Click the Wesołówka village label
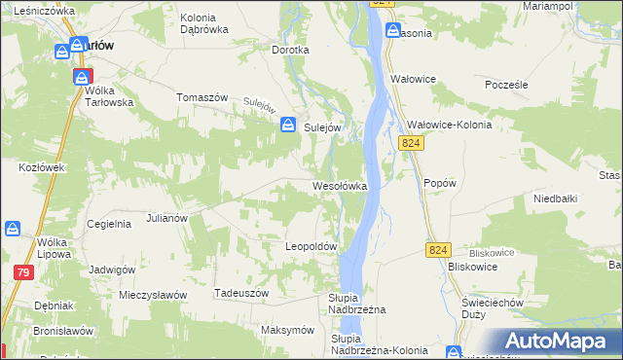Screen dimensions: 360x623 pos(339,185)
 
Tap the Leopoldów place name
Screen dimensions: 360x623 pos(311,247)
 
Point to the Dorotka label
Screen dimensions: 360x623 pos(290,50)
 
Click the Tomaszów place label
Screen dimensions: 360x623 pos(202,97)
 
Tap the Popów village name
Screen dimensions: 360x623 pos(440,182)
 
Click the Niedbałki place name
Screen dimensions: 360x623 pos(556,198)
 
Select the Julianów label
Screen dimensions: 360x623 pos(165,218)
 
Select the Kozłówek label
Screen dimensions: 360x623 pos(41,167)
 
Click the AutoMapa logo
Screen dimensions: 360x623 pos(560,341)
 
